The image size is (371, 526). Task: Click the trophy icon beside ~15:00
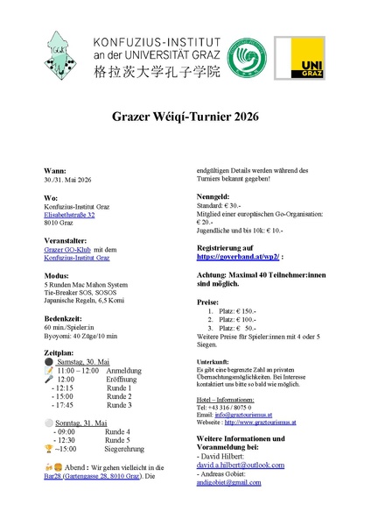[x=48, y=449]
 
